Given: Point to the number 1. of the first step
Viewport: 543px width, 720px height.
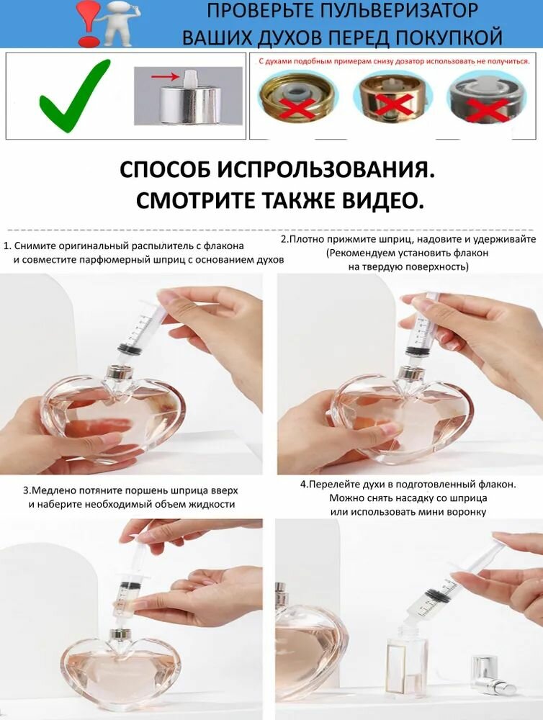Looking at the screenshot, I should point(7,246).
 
